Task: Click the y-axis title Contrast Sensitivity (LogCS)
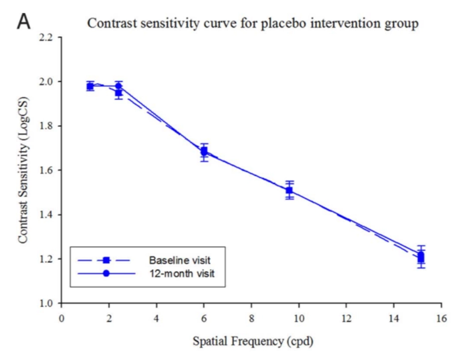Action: coord(23,170)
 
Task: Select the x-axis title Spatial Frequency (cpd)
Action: coord(251,342)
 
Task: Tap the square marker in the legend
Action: coord(106,260)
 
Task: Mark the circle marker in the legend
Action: coord(106,274)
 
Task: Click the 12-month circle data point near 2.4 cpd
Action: coord(119,86)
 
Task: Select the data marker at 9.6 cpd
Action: coord(289,190)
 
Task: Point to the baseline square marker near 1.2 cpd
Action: coord(90,86)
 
